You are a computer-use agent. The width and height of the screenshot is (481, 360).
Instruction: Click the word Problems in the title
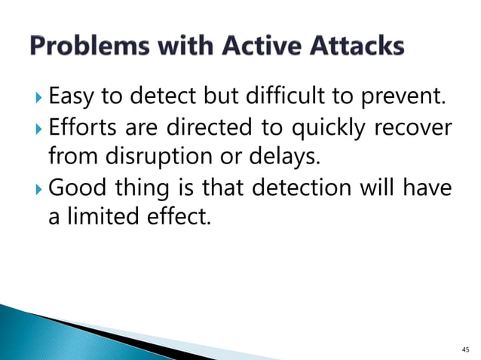pyautogui.click(x=90, y=47)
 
